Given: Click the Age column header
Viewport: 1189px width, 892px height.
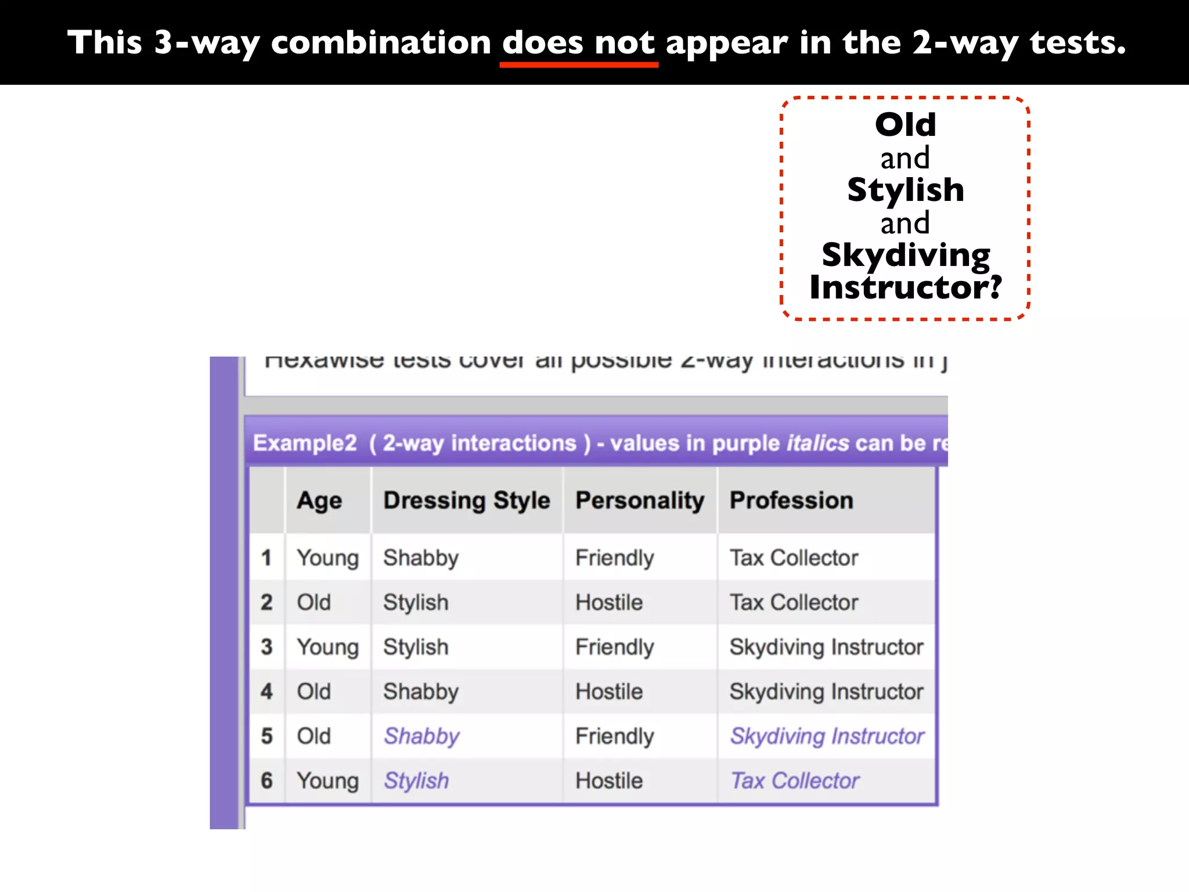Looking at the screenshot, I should (x=319, y=501).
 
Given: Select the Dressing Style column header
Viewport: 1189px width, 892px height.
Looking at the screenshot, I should (x=466, y=501).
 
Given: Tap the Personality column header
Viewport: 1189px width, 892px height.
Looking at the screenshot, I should (x=639, y=501).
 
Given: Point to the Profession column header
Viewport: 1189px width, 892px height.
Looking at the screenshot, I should (x=791, y=501).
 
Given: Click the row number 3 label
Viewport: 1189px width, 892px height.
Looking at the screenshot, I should (x=266, y=647).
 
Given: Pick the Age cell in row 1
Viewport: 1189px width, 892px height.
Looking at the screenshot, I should (x=327, y=558).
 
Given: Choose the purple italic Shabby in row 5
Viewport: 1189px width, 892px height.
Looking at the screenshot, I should (x=421, y=736).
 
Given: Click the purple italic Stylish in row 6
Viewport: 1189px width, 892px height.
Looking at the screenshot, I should (x=416, y=781).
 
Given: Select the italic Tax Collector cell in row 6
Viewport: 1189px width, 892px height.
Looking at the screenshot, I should (x=794, y=781).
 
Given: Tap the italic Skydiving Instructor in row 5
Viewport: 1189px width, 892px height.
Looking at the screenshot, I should (x=827, y=736).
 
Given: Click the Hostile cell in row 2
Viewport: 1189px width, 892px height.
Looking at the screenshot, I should (x=609, y=603).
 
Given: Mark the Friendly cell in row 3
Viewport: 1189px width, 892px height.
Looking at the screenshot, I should (x=614, y=647).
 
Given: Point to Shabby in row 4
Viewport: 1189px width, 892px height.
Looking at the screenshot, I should (x=421, y=692).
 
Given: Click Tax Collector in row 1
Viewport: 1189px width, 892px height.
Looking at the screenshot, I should (x=794, y=558).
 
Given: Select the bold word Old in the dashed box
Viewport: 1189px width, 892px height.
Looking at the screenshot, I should (x=905, y=125).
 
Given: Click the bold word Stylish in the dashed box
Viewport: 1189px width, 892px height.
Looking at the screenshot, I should (x=905, y=190).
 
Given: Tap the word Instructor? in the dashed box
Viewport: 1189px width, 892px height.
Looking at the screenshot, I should (x=905, y=287).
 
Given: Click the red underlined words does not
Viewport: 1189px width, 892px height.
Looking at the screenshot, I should (x=578, y=43).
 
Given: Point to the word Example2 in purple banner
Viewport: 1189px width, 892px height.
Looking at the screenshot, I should (x=305, y=443).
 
